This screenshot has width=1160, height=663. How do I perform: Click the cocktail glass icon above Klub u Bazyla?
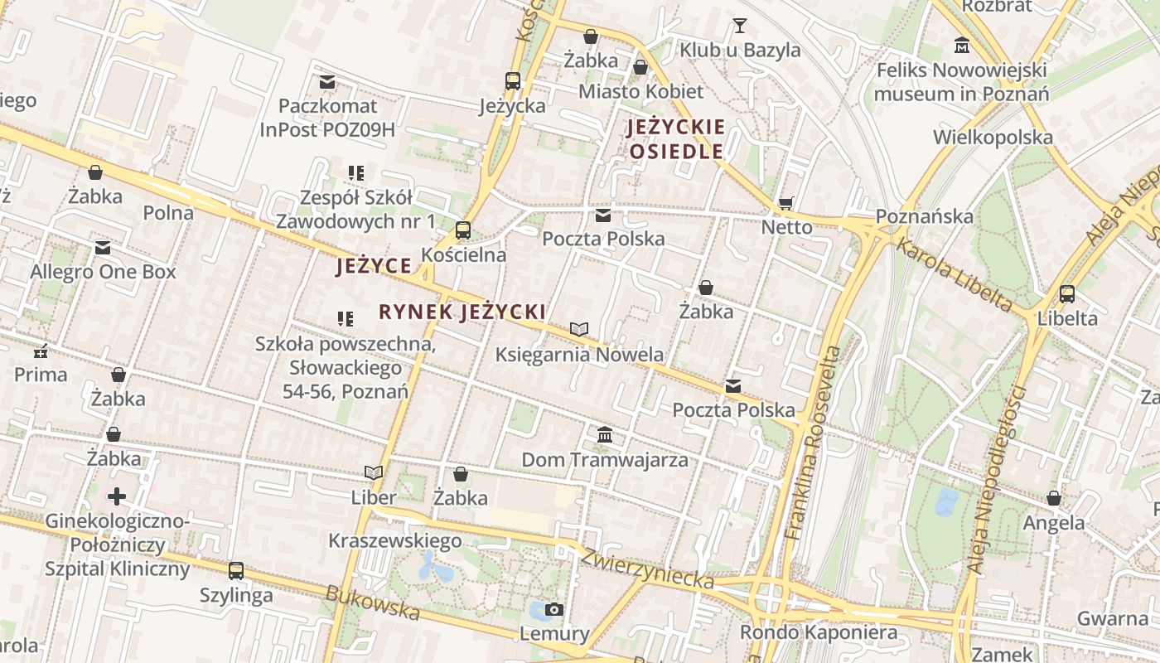pyautogui.click(x=739, y=26)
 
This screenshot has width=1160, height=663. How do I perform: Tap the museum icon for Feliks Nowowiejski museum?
pyautogui.click(x=962, y=45)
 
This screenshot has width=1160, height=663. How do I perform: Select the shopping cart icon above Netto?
pyautogui.click(x=785, y=203)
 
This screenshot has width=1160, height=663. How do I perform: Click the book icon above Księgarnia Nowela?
pyautogui.click(x=578, y=330)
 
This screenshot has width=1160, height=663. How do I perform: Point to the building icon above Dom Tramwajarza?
pyautogui.click(x=604, y=434)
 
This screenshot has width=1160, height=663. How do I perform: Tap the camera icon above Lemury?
pyautogui.click(x=554, y=610)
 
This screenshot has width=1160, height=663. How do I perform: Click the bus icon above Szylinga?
pyautogui.click(x=236, y=570)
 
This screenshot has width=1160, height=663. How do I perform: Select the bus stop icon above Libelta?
pyautogui.click(x=1067, y=293)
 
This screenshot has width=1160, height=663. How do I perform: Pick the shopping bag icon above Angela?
pyautogui.click(x=1053, y=498)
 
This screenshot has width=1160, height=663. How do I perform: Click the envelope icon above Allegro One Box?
pyautogui.click(x=103, y=248)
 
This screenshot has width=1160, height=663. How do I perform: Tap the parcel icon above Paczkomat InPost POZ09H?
pyautogui.click(x=327, y=82)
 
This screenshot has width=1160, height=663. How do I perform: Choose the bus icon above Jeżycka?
pyautogui.click(x=513, y=81)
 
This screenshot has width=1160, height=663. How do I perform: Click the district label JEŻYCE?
pyautogui.click(x=374, y=266)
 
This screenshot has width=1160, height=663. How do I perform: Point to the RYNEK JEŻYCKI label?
pyautogui.click(x=462, y=312)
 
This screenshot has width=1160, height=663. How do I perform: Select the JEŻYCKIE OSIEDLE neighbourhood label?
pyautogui.click(x=676, y=139)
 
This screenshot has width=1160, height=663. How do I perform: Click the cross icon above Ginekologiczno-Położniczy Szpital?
pyautogui.click(x=117, y=496)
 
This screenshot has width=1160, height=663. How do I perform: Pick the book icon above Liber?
pyautogui.click(x=374, y=473)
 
